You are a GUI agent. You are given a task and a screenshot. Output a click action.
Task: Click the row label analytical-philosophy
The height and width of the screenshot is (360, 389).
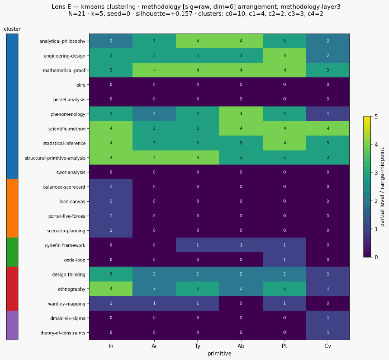pos(62,41)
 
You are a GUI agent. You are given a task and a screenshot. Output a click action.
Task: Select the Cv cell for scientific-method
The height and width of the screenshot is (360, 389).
pos(328,129)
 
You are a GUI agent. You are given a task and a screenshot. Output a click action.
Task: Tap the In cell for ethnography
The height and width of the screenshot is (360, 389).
pos(111,289)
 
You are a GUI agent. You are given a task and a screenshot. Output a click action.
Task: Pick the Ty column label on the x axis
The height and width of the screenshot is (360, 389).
pos(198,346)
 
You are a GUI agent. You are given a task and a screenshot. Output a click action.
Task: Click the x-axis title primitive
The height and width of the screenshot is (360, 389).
pos(219,354)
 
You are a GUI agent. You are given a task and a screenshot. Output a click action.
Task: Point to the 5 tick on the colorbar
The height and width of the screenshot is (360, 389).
pos(376,116)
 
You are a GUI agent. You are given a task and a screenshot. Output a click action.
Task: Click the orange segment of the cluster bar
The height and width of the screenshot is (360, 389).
pos(12,208)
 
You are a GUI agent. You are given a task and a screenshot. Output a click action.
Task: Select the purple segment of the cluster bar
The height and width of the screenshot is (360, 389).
pos(12,325)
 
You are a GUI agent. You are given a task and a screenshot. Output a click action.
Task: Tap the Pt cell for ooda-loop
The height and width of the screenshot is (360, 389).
pos(284,260)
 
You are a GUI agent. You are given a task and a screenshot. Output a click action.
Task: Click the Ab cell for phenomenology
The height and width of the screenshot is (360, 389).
pos(241,114)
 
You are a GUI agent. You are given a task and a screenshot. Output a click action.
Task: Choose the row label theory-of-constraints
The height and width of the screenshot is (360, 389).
pos(63,333)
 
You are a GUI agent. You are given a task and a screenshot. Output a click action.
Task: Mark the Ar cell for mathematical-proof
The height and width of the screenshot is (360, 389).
pos(154,70)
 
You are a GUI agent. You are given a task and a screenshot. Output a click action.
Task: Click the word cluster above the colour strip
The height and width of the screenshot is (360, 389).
pos(13,29)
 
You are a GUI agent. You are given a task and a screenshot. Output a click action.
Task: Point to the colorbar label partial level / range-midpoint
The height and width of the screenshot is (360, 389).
pos(383,187)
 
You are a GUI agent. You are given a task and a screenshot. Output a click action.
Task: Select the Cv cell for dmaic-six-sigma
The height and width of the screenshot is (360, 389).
pos(328,318)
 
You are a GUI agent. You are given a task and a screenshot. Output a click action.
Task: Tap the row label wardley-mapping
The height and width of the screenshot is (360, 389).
pos(67,304)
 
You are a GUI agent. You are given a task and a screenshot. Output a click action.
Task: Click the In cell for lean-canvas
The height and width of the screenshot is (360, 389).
pos(111,201)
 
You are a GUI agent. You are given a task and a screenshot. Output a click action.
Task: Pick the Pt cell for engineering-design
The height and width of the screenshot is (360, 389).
pos(284,55)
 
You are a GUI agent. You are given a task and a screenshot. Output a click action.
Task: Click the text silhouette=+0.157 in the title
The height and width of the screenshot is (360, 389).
pos(164,14)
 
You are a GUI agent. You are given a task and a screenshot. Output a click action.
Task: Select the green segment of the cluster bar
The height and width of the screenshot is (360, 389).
pos(12,252)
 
